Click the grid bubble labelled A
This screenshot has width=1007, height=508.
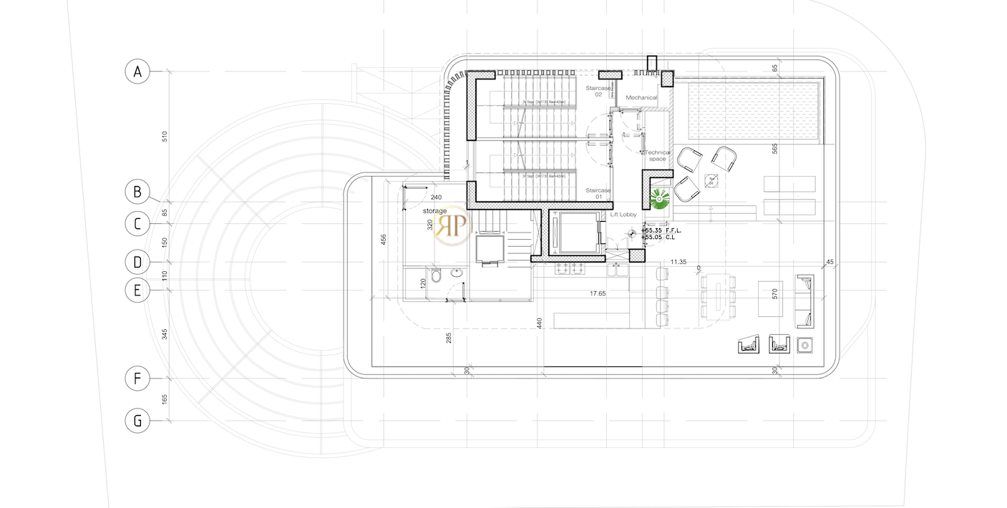coord(137,72)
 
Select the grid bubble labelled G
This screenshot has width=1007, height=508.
coord(137,421)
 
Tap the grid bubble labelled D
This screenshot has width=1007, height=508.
coord(137,262)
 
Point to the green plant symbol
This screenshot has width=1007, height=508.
coord(659,197)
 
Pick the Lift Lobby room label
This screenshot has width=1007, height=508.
coord(623,215)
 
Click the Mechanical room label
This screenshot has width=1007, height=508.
coord(641,97)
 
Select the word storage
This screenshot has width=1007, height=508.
coord(434,211)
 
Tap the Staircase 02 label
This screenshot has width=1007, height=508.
coord(598,91)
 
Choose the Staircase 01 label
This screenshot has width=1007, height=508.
coord(598,193)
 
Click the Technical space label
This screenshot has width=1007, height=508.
coord(658,155)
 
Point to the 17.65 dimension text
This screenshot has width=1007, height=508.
coord(598,293)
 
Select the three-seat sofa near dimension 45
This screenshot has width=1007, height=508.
coord(804,301)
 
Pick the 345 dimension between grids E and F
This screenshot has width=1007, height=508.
coord(164,333)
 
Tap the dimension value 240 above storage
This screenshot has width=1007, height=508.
coord(436,197)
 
